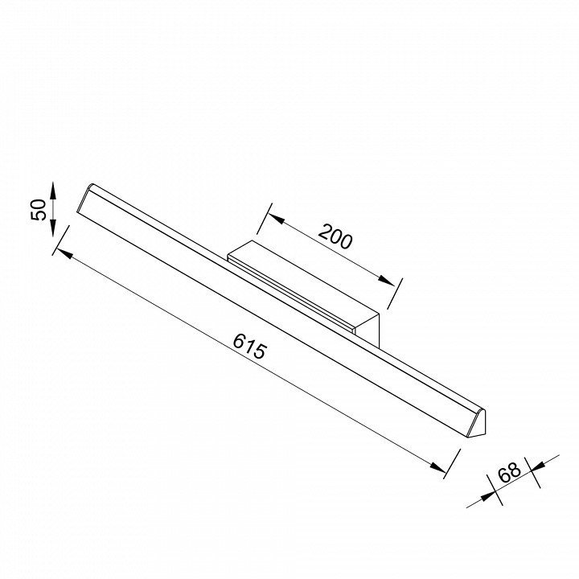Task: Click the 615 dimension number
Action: pos(249,346)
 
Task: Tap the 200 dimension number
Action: pos(335,236)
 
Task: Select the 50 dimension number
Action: pos(39,210)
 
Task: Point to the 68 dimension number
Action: pos(510,472)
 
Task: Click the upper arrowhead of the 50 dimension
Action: pos(53,191)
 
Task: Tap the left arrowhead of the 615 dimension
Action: pos(64,253)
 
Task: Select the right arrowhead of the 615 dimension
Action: pos(438,467)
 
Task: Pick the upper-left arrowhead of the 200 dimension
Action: pos(276,219)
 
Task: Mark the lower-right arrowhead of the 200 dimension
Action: pos(386,281)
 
